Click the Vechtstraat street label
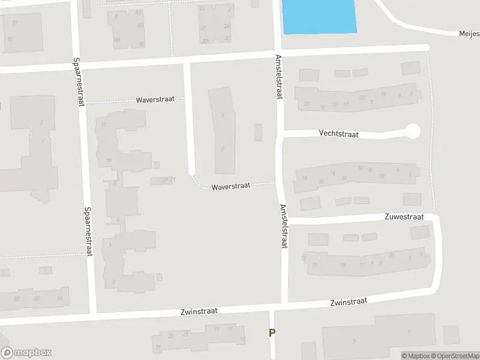(x=339, y=134)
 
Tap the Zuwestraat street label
(x=406, y=217)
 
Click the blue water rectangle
(x=319, y=16)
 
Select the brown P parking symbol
(x=272, y=332)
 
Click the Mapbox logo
(x=26, y=353)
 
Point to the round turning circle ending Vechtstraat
(x=413, y=130)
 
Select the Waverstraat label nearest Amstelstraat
(x=230, y=187)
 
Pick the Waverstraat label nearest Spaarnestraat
(x=155, y=100)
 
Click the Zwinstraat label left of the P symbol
(x=199, y=311)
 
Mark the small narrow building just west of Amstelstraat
(x=259, y=132)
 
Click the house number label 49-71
(x=167, y=180)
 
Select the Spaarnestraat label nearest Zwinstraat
(x=88, y=231)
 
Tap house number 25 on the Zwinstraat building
(x=171, y=335)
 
